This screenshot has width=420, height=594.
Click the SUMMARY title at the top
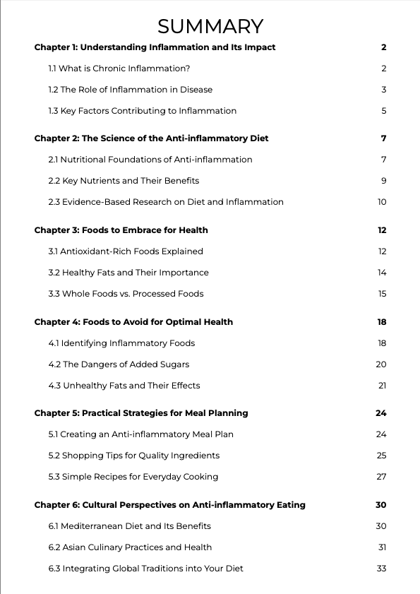pyautogui.click(x=210, y=26)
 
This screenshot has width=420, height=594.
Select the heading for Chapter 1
pyautogui.click(x=155, y=47)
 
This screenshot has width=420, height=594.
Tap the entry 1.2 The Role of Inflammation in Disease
pyautogui.click(x=130, y=90)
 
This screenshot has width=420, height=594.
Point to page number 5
pyautogui.click(x=383, y=111)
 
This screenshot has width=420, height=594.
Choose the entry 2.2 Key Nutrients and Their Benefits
pyautogui.click(x=124, y=181)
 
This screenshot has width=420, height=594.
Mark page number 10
pyautogui.click(x=382, y=202)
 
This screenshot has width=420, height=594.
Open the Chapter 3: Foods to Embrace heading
pyautogui.click(x=121, y=230)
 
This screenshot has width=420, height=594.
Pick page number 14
pyautogui.click(x=382, y=273)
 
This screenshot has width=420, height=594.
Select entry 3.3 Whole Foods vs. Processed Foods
pyautogui.click(x=126, y=294)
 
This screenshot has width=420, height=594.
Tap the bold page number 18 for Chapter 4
pyautogui.click(x=382, y=322)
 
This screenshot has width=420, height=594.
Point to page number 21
pyautogui.click(x=382, y=386)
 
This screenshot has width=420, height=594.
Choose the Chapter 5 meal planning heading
pyautogui.click(x=141, y=413)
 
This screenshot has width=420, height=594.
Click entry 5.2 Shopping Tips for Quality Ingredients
pyautogui.click(x=133, y=456)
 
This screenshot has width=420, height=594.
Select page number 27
pyautogui.click(x=382, y=477)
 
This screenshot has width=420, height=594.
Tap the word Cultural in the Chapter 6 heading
pyautogui.click(x=102, y=505)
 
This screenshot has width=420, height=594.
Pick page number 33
pyautogui.click(x=382, y=569)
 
